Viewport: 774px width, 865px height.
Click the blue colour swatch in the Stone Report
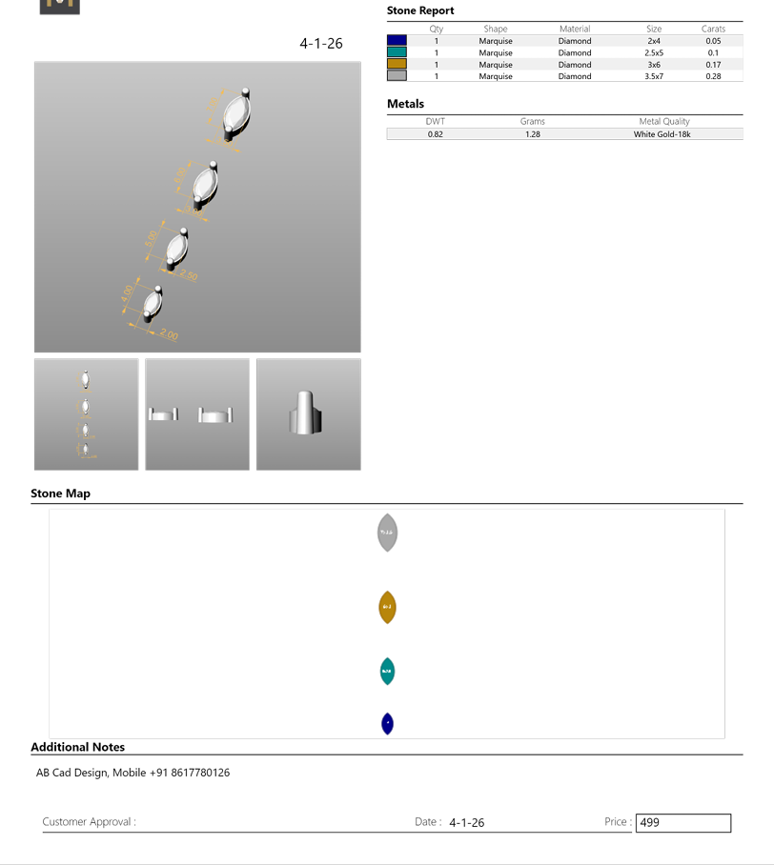397,41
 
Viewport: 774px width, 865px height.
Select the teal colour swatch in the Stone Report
397,52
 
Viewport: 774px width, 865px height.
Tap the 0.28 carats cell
713,76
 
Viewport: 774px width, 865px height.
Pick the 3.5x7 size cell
654,76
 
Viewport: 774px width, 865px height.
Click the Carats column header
713,29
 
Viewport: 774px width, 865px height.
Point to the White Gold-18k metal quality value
662,134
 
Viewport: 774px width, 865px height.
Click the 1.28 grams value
533,134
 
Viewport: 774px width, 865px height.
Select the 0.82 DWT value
435,134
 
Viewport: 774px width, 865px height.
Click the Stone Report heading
420,10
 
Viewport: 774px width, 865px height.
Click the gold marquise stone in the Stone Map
387,607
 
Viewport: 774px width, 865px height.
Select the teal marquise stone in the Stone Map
387,672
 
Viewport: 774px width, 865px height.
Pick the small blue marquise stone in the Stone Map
387,724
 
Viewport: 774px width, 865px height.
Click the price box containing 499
682,822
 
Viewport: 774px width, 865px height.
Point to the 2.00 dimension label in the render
169,334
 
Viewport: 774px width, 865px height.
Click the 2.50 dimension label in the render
188,275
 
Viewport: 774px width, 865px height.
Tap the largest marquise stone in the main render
235,115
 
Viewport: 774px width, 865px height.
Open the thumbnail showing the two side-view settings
197,414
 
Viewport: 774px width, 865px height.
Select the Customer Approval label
89,822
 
